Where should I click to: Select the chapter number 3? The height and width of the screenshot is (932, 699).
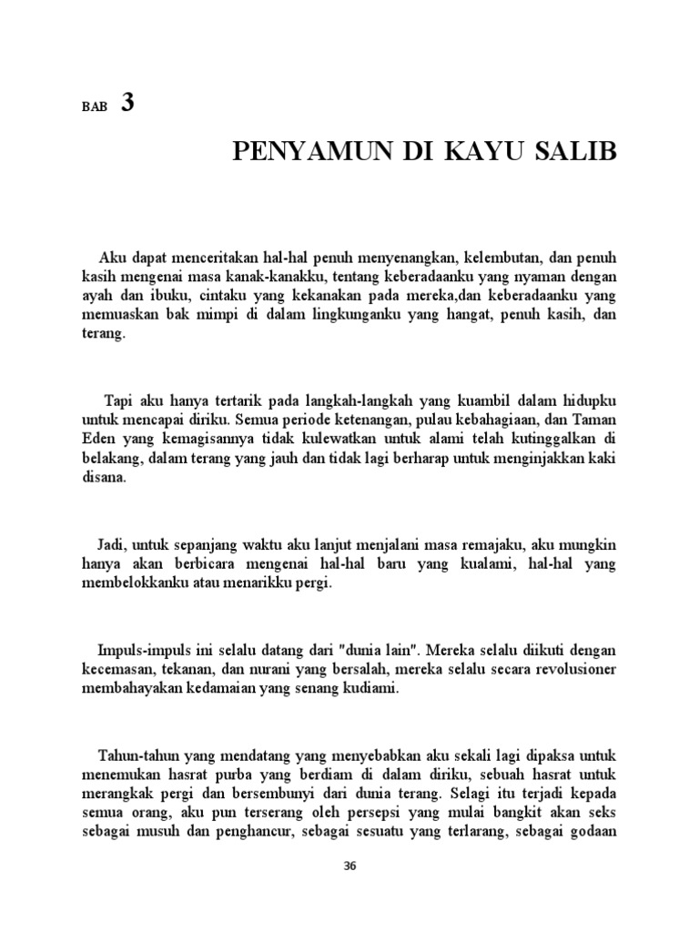point(127,103)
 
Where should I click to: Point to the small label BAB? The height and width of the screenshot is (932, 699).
point(94,106)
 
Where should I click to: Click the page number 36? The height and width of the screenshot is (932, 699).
point(349,866)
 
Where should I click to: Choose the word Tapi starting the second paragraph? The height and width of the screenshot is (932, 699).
point(119,401)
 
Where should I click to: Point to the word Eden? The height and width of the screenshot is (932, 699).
point(99,441)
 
